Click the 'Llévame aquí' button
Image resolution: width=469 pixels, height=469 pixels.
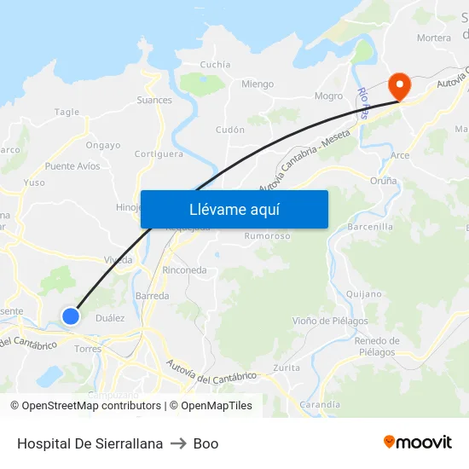[234, 209]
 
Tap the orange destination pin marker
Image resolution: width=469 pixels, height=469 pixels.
[398, 85]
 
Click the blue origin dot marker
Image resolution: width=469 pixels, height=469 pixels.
[71, 316]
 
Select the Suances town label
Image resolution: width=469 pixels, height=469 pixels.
[154, 100]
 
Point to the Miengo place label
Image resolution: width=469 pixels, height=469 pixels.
[258, 84]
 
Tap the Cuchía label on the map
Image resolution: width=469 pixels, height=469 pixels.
[215, 64]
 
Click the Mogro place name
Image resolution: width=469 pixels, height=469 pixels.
[328, 96]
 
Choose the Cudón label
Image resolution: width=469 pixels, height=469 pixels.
[230, 130]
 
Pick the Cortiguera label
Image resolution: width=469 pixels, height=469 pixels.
[159, 154]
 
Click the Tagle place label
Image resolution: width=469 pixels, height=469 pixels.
[67, 112]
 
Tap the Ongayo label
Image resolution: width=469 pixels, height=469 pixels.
[103, 145]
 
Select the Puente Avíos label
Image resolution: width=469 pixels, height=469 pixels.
[72, 166]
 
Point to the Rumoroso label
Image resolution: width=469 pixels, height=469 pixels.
[268, 236]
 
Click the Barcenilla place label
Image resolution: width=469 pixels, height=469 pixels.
[371, 227]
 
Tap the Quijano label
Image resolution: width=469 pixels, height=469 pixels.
[364, 293]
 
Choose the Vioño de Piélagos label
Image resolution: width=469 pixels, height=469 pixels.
[331, 321]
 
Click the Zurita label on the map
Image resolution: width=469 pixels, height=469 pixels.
[287, 368]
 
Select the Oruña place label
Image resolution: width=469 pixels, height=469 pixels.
[384, 181]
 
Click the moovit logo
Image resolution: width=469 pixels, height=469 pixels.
[418, 443]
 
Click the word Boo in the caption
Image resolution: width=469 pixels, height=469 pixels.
[206, 443]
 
